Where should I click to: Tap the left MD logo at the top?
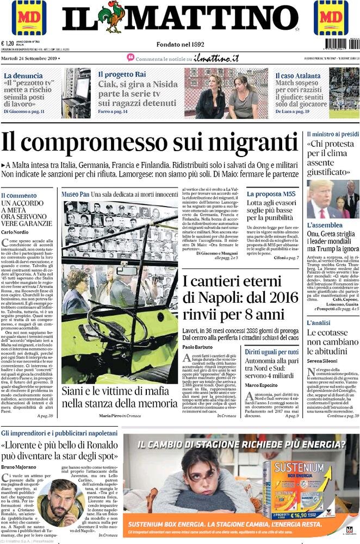(x=29, y=18)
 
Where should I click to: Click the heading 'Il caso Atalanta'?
(x=297, y=76)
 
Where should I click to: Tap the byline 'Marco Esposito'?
(x=262, y=385)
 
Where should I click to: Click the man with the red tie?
(x=321, y=201)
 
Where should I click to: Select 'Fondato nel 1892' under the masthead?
(x=179, y=43)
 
